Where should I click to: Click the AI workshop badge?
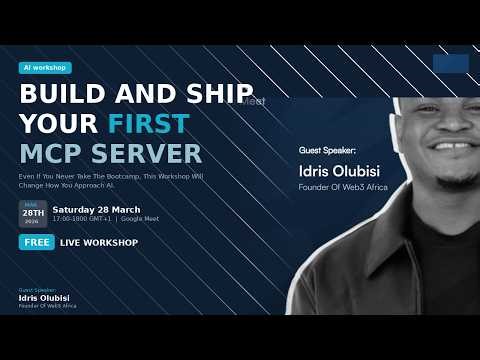[x=45, y=68]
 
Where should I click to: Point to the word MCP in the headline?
[x=52, y=154]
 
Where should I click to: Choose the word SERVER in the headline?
[x=147, y=154]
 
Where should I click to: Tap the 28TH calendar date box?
[x=33, y=213]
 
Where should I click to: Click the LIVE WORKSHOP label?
[x=98, y=242]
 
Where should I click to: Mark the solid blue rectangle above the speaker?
[x=450, y=64]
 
